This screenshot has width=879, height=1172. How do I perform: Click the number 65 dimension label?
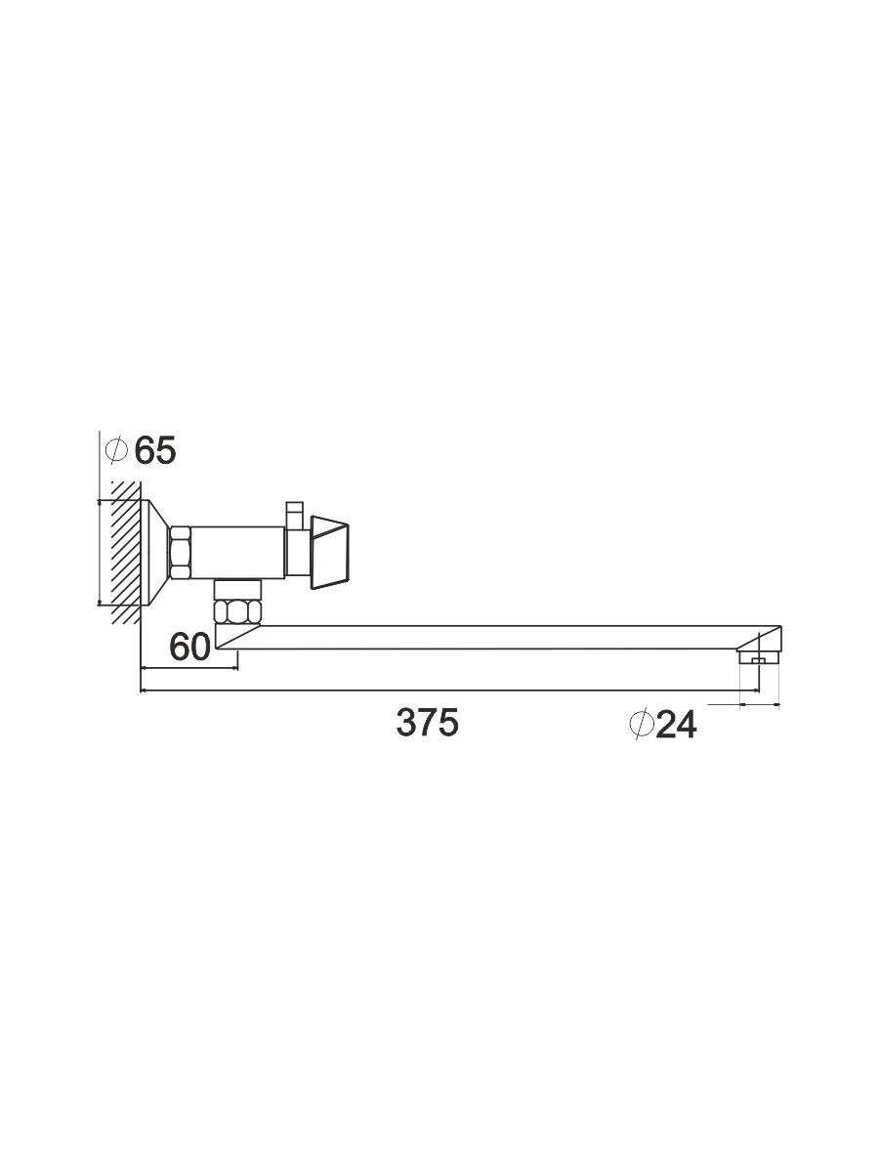click(154, 450)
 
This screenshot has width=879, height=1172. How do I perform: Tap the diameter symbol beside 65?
click(116, 450)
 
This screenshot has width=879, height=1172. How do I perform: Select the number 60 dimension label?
click(189, 648)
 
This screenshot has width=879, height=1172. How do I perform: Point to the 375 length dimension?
click(427, 722)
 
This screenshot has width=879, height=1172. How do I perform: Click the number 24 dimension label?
click(676, 725)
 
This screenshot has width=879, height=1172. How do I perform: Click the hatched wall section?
click(126, 552)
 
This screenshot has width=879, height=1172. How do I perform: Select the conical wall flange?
click(154, 553)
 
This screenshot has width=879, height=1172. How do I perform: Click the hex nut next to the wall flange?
click(180, 552)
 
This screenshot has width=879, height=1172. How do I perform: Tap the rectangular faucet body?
click(238, 552)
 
